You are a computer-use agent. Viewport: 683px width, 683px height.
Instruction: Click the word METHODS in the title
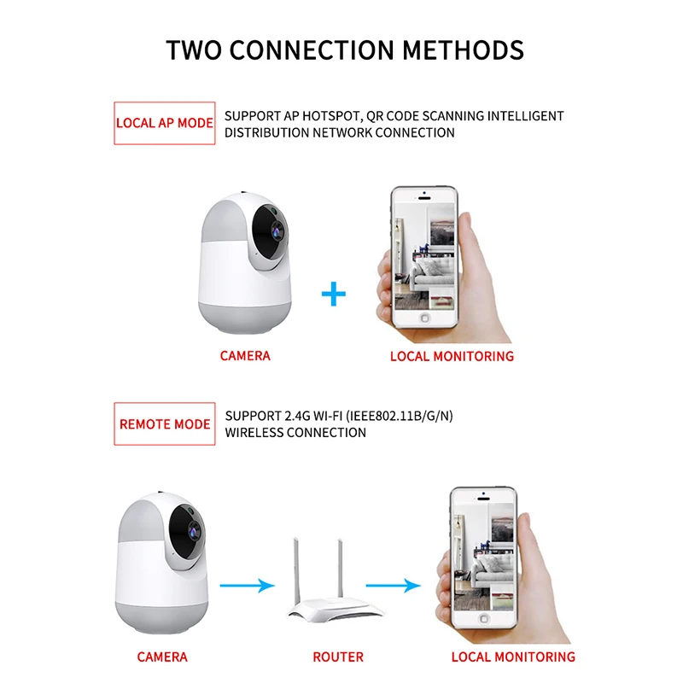coord(463,50)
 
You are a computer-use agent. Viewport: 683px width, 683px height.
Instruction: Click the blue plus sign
coord(334,294)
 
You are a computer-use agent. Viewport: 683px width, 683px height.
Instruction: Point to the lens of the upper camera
coord(277,230)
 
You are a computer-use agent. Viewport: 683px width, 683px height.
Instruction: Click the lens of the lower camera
coord(193,530)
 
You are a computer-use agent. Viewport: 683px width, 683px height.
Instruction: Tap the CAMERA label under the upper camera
coord(245,356)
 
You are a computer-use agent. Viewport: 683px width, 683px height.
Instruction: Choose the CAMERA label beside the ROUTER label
coord(162,657)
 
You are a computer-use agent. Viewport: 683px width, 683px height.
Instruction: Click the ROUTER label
coord(338,657)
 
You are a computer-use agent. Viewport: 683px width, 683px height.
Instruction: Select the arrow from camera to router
coord(247,586)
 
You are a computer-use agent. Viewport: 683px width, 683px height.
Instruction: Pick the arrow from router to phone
coord(394,586)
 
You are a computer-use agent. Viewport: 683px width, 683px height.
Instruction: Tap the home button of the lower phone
coord(483,618)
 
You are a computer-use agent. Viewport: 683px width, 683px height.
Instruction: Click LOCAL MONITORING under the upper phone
coord(452,356)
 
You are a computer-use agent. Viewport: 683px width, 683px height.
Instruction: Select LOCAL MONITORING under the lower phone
coord(513,657)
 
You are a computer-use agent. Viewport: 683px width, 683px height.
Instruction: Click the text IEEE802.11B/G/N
coord(399,416)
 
